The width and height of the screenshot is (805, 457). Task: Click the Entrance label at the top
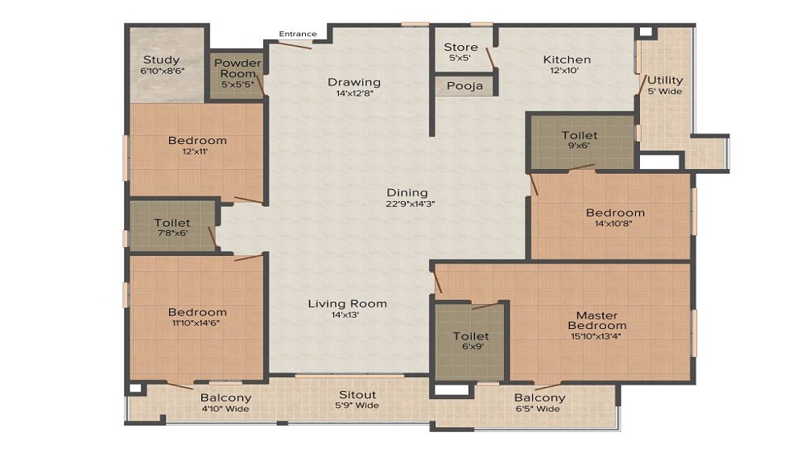(x=298, y=34)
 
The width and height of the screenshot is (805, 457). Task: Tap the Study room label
(x=161, y=60)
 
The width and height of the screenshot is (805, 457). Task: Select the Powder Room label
(x=237, y=68)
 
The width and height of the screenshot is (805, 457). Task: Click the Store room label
(x=460, y=47)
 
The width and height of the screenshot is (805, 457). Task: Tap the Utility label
(x=665, y=80)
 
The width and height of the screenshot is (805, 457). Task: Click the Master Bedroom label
(x=597, y=320)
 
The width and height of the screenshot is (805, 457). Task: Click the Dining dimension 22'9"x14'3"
(x=407, y=204)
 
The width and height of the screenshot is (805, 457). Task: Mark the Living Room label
(x=347, y=303)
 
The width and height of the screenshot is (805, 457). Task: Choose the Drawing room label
(x=353, y=82)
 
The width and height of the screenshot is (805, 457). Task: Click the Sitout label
(x=357, y=395)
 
